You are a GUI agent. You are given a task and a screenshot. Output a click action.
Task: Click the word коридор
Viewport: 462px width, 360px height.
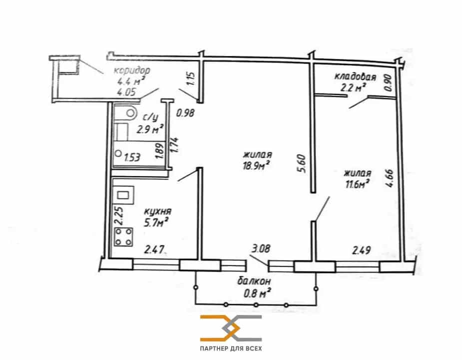coord(132,70)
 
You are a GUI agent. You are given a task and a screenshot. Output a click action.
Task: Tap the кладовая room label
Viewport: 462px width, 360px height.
coord(355,76)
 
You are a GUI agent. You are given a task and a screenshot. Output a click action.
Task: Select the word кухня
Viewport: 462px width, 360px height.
coord(158,211)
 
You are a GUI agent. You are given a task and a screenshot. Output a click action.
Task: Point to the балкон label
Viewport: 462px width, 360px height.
coord(254,281)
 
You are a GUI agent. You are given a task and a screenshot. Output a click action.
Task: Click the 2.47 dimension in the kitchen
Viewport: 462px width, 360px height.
coord(154,250)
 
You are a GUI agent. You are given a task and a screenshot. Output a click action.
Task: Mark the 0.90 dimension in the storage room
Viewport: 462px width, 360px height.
coord(389,82)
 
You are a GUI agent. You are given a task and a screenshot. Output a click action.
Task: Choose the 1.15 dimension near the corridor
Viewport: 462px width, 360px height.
coord(191,79)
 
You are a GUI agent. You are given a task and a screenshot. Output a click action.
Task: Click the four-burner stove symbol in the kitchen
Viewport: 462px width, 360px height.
coord(123,237)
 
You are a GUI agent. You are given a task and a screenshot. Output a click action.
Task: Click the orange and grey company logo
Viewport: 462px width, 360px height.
coord(231,328)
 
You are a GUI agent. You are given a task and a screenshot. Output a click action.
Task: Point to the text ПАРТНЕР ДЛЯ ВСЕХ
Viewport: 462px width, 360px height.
coord(231,349)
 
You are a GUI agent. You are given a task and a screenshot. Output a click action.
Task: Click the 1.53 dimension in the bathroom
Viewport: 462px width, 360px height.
coord(132,158)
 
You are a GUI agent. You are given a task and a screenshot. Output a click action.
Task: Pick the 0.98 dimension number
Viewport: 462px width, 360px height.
coord(185,112)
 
